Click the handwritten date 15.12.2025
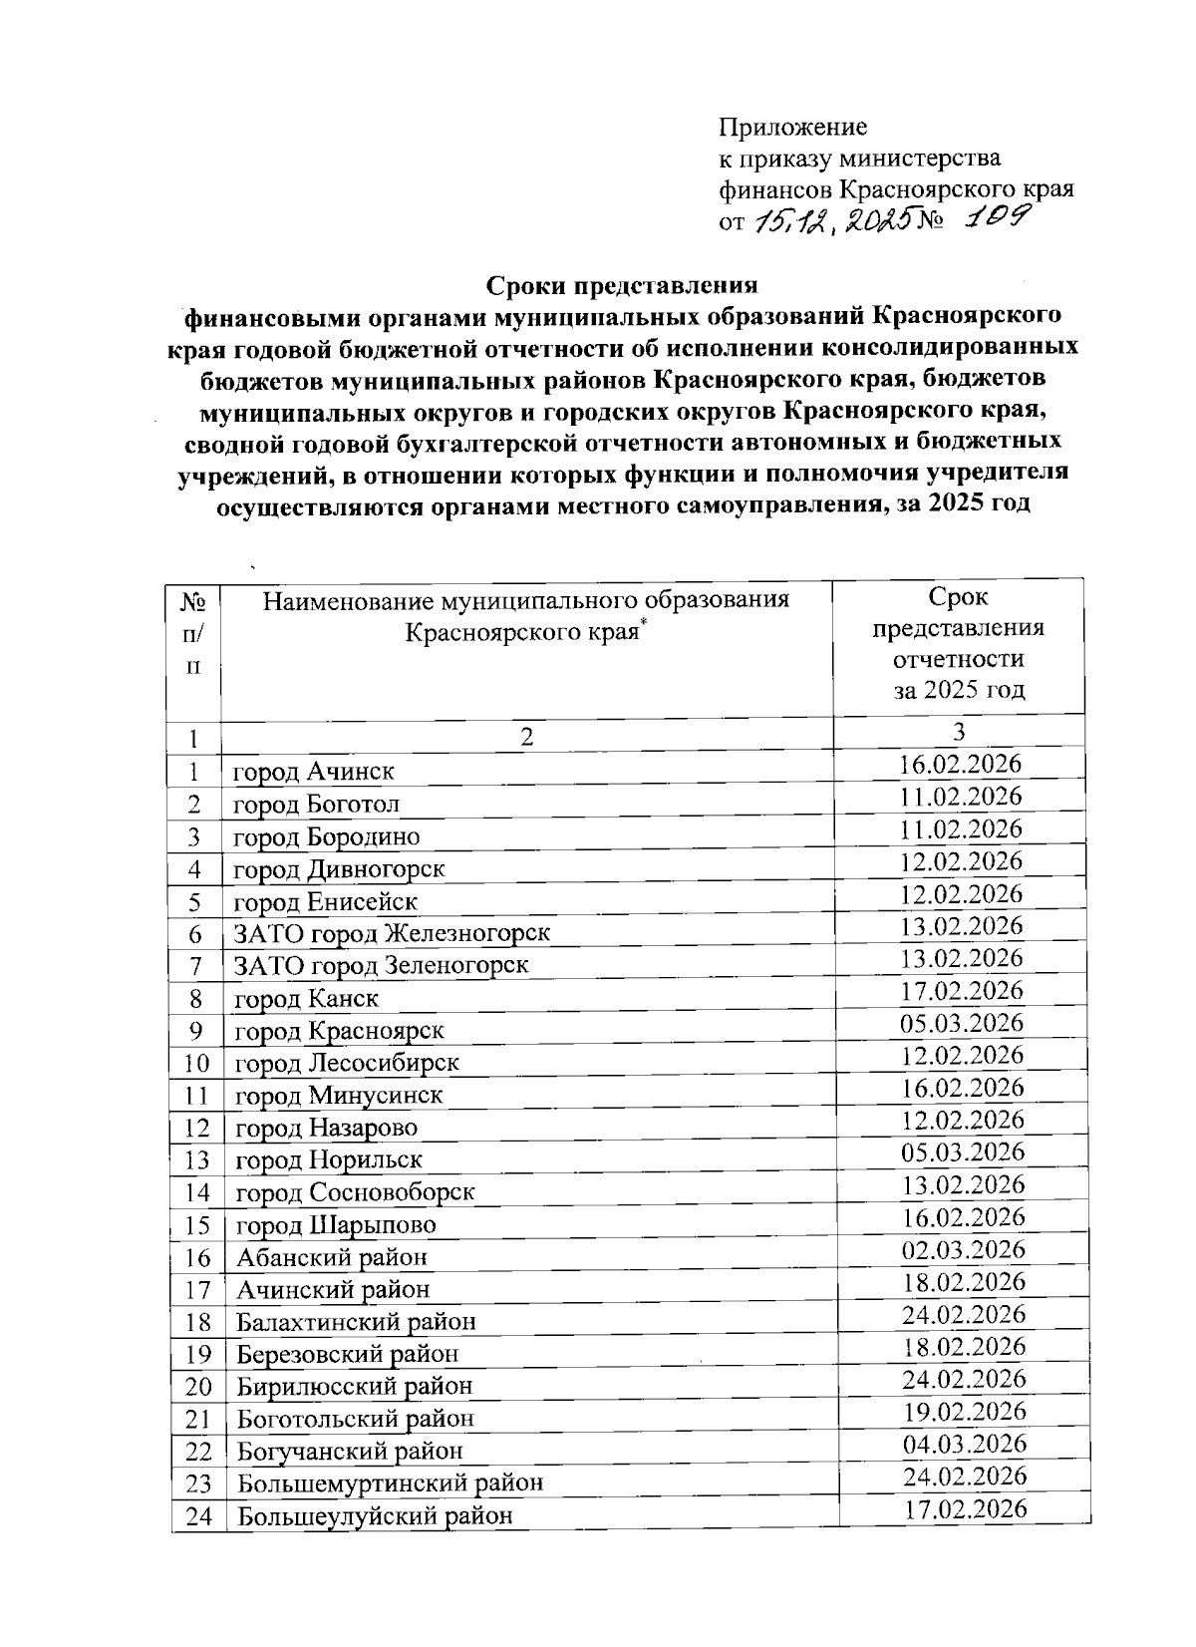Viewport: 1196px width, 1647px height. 832,223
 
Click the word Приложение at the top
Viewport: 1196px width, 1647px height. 793,128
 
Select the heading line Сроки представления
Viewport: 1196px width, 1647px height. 622,285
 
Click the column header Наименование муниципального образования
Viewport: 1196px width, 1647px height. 526,600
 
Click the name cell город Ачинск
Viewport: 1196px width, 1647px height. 314,772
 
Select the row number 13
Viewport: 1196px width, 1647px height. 197,1160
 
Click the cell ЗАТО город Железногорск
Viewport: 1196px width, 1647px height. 392,934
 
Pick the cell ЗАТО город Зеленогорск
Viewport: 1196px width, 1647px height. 381,966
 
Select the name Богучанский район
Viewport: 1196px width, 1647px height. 350,1451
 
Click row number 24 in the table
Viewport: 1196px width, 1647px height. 197,1516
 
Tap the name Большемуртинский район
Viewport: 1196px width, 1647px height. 390,1483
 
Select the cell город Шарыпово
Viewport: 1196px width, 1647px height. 336,1225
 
